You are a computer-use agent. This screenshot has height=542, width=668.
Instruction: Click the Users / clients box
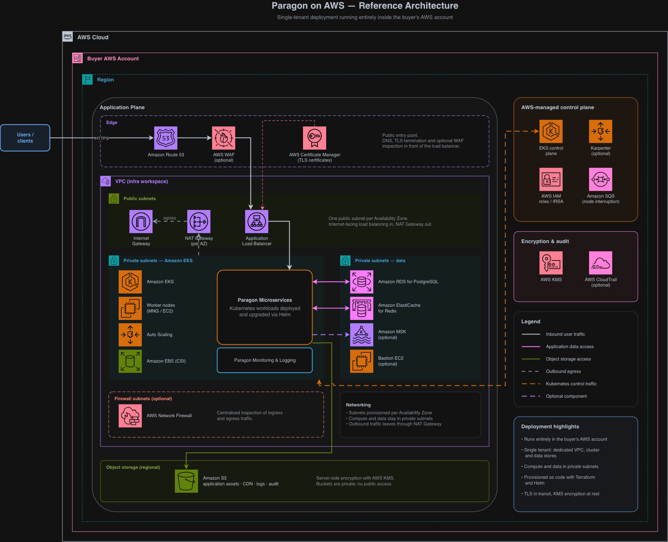click(x=25, y=138)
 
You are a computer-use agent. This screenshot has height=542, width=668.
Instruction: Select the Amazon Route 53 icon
click(x=166, y=138)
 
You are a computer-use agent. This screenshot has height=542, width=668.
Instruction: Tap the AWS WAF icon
click(x=224, y=138)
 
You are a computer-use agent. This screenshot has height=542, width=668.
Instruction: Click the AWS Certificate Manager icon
click(x=315, y=138)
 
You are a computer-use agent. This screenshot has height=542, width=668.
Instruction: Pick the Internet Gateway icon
click(x=141, y=222)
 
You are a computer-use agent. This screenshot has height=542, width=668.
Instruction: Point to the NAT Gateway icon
click(x=199, y=222)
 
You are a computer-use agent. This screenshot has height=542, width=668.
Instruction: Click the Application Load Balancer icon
click(x=257, y=222)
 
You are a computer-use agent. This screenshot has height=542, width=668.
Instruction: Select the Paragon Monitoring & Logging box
click(x=265, y=360)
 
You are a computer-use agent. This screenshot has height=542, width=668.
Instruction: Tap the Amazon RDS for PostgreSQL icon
click(x=362, y=282)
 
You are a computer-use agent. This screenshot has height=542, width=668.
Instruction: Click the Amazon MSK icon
click(x=362, y=335)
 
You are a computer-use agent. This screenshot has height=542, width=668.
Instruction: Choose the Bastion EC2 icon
click(x=362, y=361)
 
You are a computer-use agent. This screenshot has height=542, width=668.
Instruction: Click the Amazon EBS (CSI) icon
click(x=130, y=361)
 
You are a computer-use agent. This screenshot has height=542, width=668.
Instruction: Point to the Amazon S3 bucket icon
click(x=186, y=481)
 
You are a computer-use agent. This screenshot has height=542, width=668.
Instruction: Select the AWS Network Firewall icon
click(x=130, y=415)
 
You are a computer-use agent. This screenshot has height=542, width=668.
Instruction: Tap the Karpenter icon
click(x=601, y=131)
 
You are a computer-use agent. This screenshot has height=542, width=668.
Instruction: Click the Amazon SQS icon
click(x=601, y=179)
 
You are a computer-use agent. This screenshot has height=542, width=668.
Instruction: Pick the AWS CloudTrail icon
click(x=601, y=263)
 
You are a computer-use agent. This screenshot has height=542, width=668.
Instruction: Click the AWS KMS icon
click(x=551, y=263)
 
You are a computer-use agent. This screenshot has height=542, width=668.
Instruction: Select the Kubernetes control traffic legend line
click(x=531, y=384)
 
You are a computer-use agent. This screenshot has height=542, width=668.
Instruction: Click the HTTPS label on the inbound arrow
click(x=102, y=138)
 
